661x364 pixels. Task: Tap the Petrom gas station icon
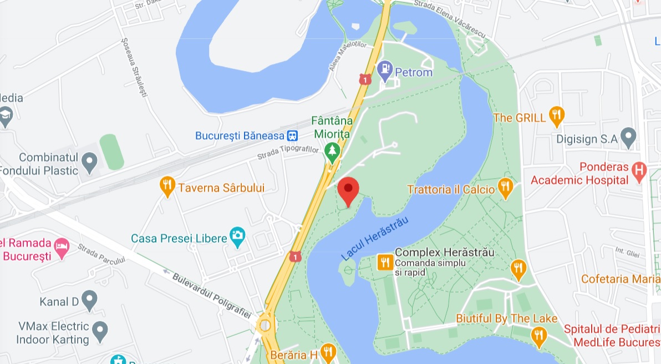(384, 70)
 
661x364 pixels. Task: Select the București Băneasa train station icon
(292, 135)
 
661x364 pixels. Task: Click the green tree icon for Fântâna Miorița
(332, 151)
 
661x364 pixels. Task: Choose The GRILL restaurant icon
(556, 116)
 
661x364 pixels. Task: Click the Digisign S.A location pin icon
(628, 137)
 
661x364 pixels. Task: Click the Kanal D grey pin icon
(89, 300)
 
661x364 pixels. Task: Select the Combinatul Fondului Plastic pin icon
(89, 163)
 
